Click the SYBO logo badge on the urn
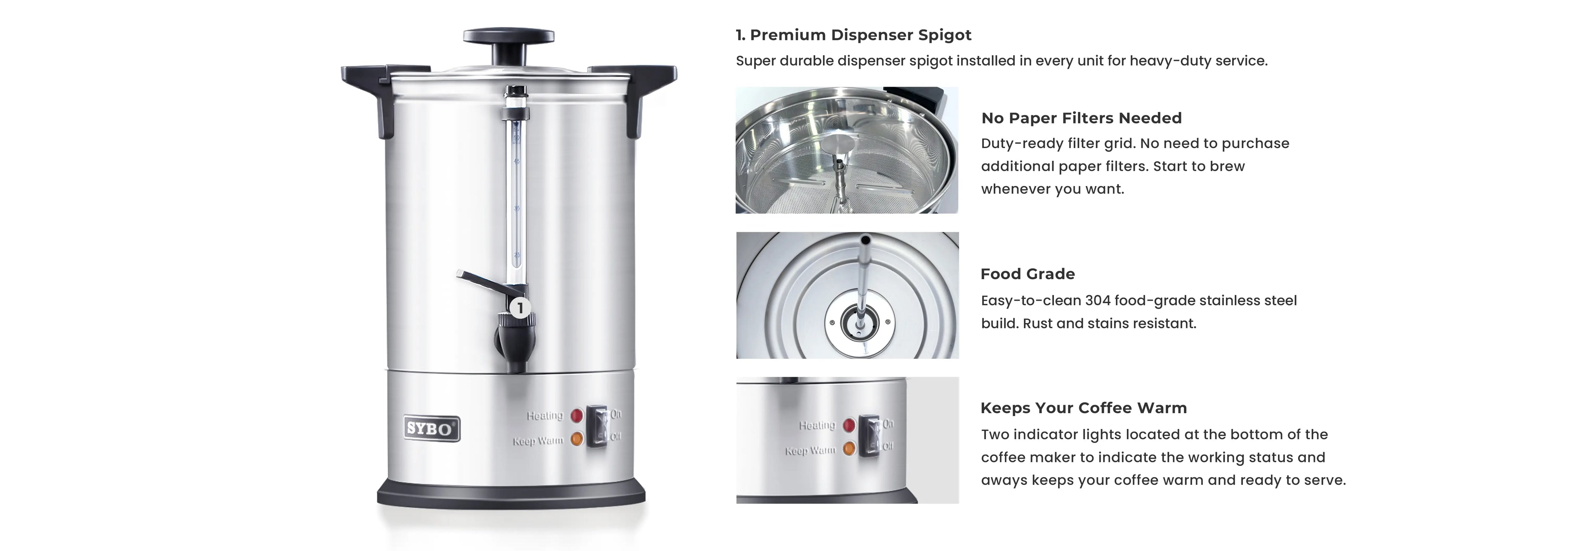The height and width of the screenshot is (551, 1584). (x=431, y=429)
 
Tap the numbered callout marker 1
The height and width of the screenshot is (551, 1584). (x=520, y=308)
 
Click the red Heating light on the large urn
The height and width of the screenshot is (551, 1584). (x=577, y=416)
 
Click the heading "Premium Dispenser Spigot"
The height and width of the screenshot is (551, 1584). (x=860, y=35)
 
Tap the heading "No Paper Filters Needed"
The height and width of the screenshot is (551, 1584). (x=1081, y=118)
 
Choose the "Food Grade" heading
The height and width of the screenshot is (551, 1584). (x=1028, y=274)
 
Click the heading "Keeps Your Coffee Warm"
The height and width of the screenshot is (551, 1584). (x=1084, y=408)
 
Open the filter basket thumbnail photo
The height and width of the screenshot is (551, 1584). (x=847, y=150)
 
